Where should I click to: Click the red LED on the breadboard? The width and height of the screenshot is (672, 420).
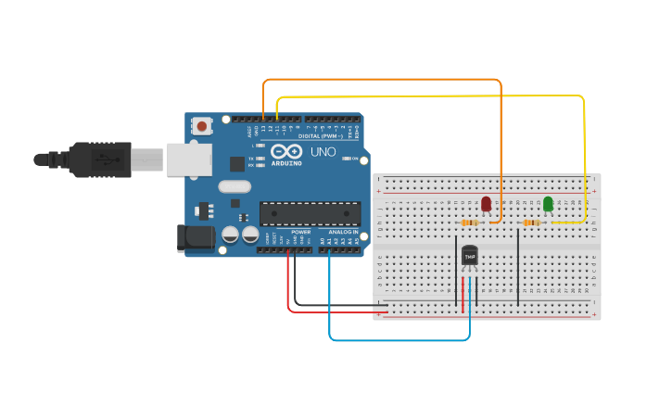click(x=487, y=203)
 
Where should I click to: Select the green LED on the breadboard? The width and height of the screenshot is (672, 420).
click(x=548, y=203)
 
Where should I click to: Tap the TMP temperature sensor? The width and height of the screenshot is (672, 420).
click(x=470, y=255)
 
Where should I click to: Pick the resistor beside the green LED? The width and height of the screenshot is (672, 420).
click(x=531, y=223)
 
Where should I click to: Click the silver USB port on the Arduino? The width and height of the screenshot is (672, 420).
click(x=189, y=159)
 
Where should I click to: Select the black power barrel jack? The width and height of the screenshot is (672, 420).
click(x=197, y=237)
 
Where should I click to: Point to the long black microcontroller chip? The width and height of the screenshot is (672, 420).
click(x=310, y=213)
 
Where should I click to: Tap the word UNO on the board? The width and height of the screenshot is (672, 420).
click(x=323, y=151)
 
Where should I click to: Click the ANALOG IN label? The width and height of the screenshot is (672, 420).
click(x=342, y=232)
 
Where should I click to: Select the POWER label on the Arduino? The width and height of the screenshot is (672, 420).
click(x=300, y=232)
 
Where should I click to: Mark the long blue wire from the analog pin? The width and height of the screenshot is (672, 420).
click(x=399, y=340)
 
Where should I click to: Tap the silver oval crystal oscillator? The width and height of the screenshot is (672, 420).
click(x=235, y=185)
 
